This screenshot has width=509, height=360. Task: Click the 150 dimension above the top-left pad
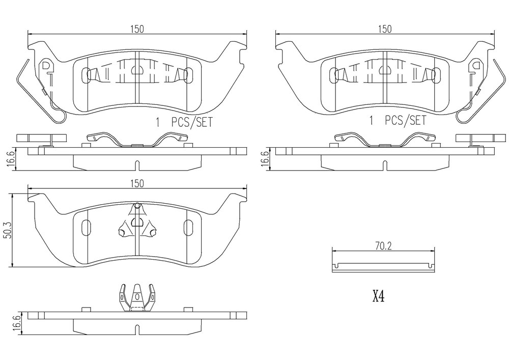click(137, 29)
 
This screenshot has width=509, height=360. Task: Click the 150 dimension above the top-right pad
click(385, 29)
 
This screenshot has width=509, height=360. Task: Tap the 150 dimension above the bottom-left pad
click(137, 183)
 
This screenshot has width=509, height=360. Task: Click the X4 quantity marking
click(379, 296)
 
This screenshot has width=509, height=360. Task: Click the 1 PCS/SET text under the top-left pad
click(184, 122)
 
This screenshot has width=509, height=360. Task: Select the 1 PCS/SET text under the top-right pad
click(398, 121)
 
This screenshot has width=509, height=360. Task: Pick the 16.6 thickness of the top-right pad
click(265, 159)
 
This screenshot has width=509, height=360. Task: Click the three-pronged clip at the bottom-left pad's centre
click(137, 221)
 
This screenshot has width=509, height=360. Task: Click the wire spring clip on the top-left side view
click(136, 139)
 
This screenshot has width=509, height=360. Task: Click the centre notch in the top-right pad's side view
click(385, 165)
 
